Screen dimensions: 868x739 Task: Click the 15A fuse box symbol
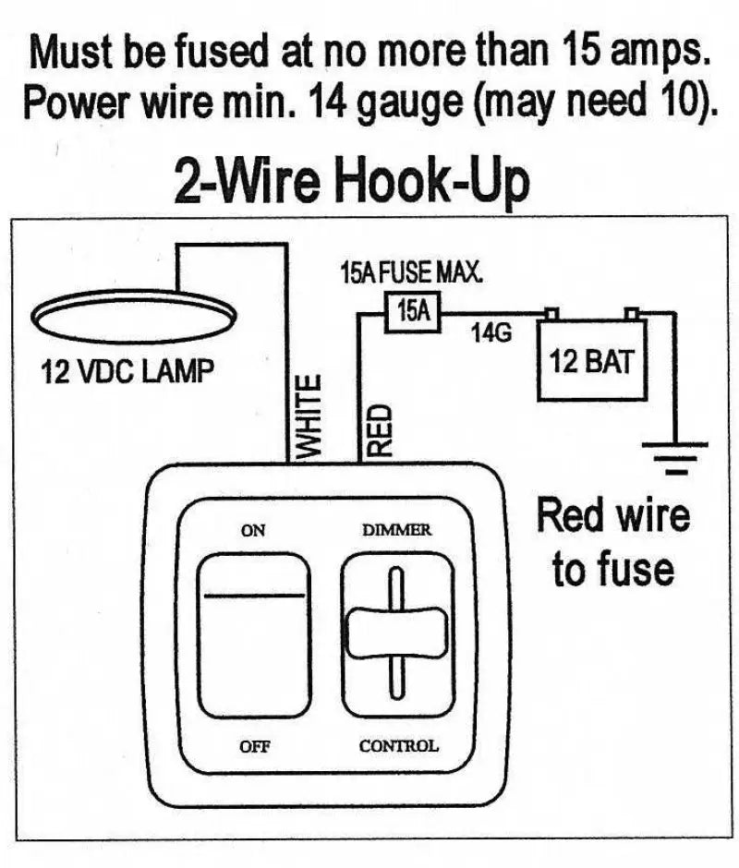(413, 310)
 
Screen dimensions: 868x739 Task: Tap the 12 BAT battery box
(592, 361)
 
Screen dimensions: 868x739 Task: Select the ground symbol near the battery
(676, 458)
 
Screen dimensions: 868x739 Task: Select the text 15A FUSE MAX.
(412, 274)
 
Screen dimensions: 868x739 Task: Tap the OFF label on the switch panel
(254, 746)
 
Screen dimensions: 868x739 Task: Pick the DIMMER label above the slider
(396, 530)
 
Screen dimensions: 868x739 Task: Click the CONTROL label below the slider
(398, 746)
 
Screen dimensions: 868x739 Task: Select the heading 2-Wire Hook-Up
(352, 182)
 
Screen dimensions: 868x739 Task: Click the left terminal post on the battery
(552, 313)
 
